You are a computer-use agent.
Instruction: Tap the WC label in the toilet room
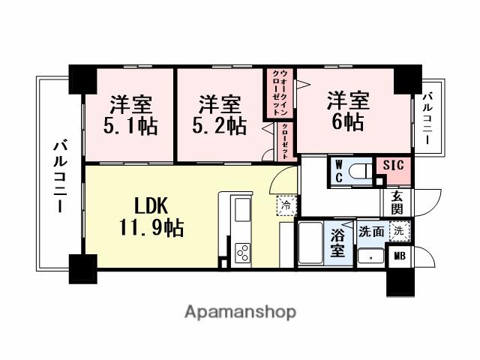[x=339, y=170]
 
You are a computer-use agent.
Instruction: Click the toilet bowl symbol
[x=361, y=171]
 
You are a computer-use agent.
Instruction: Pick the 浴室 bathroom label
[x=339, y=241]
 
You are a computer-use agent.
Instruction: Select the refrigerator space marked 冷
[x=286, y=202]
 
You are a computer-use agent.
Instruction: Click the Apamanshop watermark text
[x=240, y=311]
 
